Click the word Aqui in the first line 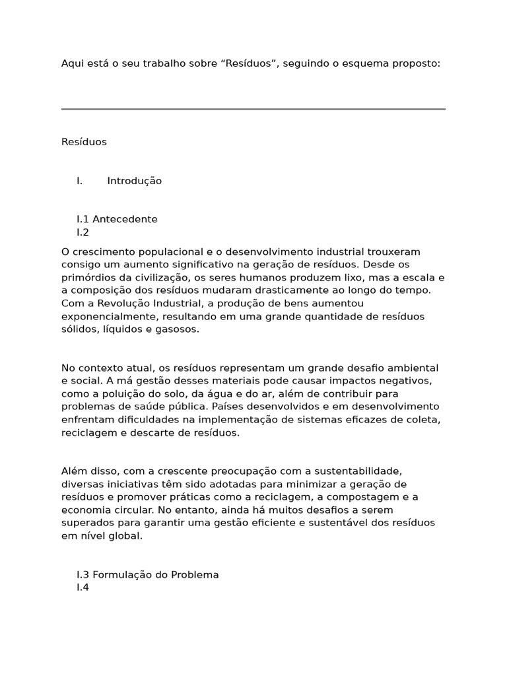(x=71, y=63)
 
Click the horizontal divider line (x=253, y=109)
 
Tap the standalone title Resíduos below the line (x=84, y=142)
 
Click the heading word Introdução (x=134, y=181)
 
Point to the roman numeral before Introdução (x=79, y=181)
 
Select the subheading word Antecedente (x=125, y=219)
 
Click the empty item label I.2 (x=83, y=232)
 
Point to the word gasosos (x=178, y=329)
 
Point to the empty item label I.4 (x=83, y=588)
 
